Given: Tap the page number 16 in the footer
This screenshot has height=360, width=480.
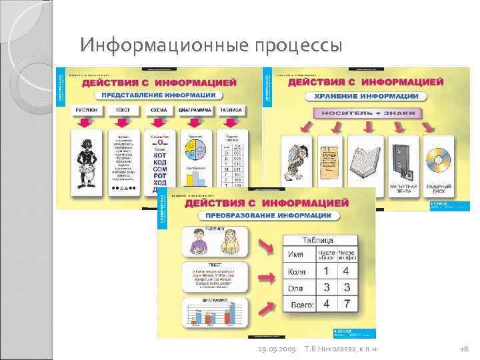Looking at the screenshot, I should (465, 349).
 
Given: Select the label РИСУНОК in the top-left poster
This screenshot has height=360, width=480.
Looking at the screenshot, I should (87, 110).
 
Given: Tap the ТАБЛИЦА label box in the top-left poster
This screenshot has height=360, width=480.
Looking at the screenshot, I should (232, 110).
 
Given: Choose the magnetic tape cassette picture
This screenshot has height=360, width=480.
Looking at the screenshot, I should (401, 160).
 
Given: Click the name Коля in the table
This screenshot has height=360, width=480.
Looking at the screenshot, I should (297, 272).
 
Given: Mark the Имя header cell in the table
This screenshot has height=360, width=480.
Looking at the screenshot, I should (295, 255).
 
